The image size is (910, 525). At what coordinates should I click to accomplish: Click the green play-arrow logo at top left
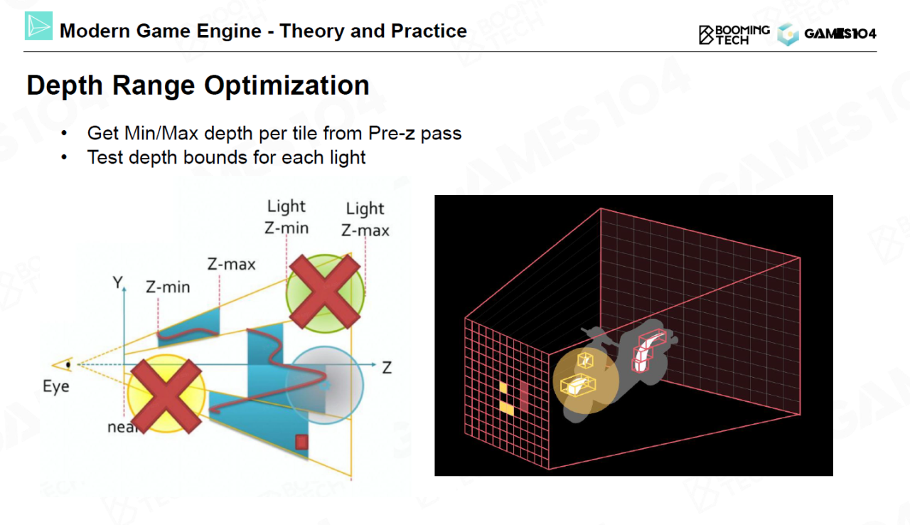click(38, 26)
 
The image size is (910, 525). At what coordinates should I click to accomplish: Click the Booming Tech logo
click(734, 35)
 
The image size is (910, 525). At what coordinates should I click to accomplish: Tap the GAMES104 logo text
click(840, 33)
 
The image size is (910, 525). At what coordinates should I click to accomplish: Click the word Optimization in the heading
click(287, 85)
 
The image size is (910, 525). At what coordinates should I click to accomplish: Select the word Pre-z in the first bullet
click(392, 133)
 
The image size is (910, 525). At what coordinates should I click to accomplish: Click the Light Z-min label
click(287, 217)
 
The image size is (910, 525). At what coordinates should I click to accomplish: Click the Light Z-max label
click(365, 219)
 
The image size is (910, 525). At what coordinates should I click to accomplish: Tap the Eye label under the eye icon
click(56, 386)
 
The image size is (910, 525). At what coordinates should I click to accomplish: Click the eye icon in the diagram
click(63, 365)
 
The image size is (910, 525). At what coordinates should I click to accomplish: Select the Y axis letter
click(117, 282)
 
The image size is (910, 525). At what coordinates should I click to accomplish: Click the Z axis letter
click(387, 368)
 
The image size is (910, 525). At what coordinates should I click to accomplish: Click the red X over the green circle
click(325, 292)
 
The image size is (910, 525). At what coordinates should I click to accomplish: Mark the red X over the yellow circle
click(166, 396)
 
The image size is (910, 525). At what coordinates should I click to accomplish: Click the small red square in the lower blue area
click(301, 442)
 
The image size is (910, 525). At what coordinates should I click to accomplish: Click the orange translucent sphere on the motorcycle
click(586, 381)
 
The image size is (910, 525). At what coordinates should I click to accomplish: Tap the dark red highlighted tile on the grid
click(524, 396)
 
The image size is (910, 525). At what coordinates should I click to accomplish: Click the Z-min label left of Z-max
click(168, 287)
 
